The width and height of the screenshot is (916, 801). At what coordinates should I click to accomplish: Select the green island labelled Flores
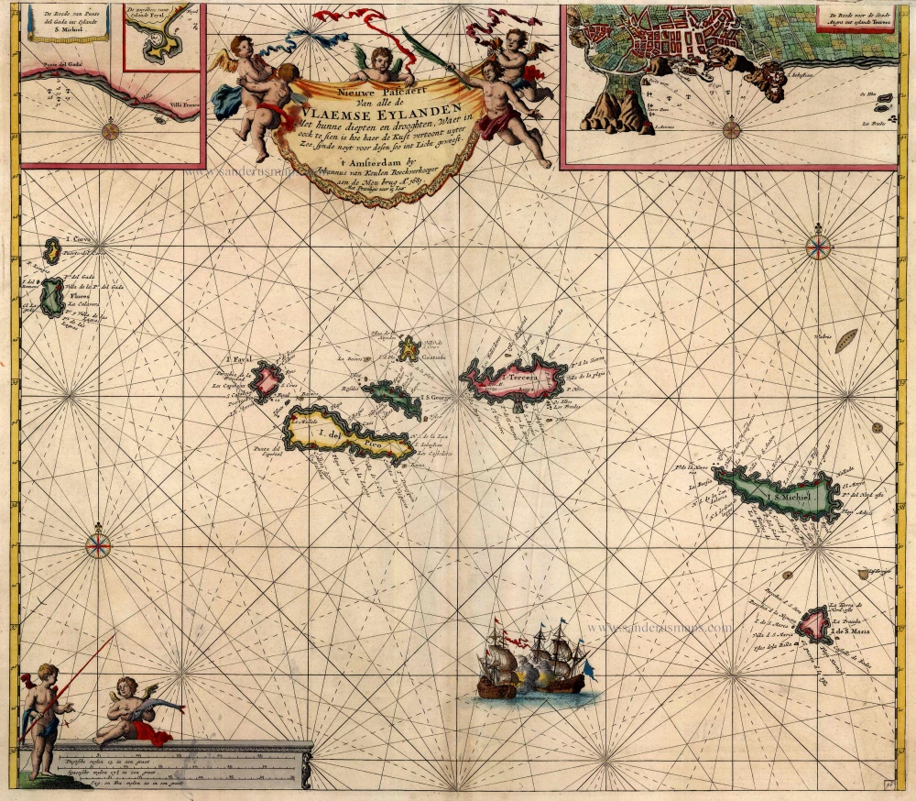click(52, 295)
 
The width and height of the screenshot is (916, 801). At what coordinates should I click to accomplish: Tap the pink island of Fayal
click(266, 381)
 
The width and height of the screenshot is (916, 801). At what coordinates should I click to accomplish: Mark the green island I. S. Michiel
click(779, 496)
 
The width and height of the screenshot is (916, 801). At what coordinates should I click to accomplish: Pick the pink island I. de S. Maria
click(812, 624)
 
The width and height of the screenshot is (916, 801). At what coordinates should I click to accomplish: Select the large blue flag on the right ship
click(589, 672)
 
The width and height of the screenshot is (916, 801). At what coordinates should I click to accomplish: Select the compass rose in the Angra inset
click(731, 129)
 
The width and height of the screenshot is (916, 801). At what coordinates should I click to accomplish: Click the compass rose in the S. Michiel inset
click(111, 129)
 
